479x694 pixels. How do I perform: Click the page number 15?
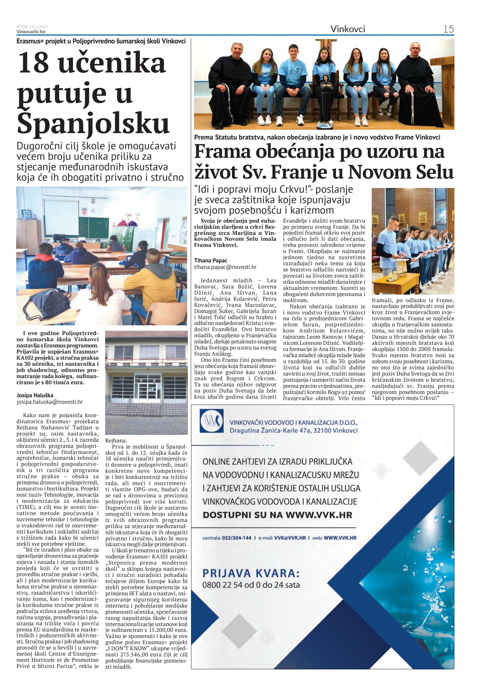click(x=448, y=29)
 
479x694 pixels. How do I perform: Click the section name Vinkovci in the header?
click(x=348, y=29)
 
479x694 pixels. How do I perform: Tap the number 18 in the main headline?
click(x=33, y=62)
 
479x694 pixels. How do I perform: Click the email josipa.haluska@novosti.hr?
click(x=50, y=402)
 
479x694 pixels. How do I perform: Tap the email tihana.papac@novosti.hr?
click(x=225, y=267)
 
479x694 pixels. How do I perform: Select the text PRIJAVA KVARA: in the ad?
click(x=251, y=573)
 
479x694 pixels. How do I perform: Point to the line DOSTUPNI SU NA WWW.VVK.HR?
click(x=277, y=515)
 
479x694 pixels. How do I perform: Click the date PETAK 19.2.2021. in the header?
click(x=33, y=27)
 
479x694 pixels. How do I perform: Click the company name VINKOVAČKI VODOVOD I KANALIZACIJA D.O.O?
click(x=293, y=423)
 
